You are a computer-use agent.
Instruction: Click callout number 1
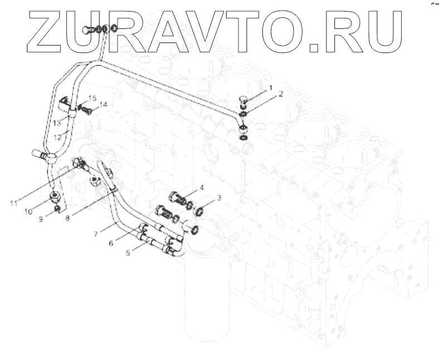tap(271, 88)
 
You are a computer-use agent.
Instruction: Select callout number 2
tap(281, 94)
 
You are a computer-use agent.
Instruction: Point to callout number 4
tap(202, 188)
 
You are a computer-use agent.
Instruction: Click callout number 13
tap(57, 123)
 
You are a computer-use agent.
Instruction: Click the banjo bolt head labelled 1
tap(244, 100)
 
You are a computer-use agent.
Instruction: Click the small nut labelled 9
tap(57, 209)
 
